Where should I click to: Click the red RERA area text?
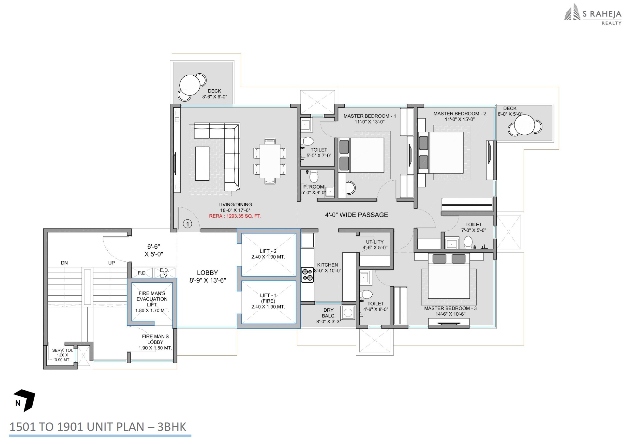(235, 216)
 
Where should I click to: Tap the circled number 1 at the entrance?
(187, 224)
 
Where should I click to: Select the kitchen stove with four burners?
(307, 274)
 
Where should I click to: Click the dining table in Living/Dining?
(270, 161)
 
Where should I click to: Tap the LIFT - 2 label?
(268, 251)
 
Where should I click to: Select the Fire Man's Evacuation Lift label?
(152, 299)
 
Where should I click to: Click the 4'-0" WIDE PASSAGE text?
(356, 215)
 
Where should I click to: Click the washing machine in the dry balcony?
(348, 313)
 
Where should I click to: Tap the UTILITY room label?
(375, 242)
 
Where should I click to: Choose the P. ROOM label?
(314, 187)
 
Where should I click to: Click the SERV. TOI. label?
(62, 350)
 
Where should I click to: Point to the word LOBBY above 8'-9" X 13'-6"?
(207, 273)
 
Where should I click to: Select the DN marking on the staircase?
(64, 263)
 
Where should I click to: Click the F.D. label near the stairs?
(142, 273)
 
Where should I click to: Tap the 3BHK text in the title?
(172, 427)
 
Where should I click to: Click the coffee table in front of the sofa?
(202, 163)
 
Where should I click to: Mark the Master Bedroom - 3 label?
(450, 308)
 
